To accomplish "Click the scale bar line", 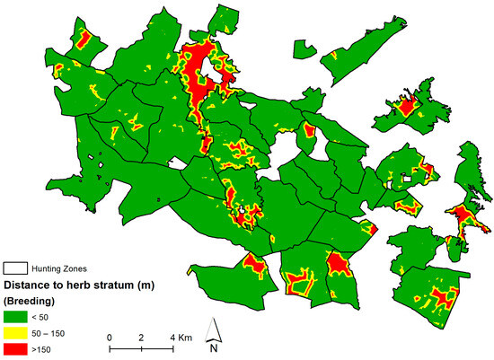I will pos(141,347).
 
